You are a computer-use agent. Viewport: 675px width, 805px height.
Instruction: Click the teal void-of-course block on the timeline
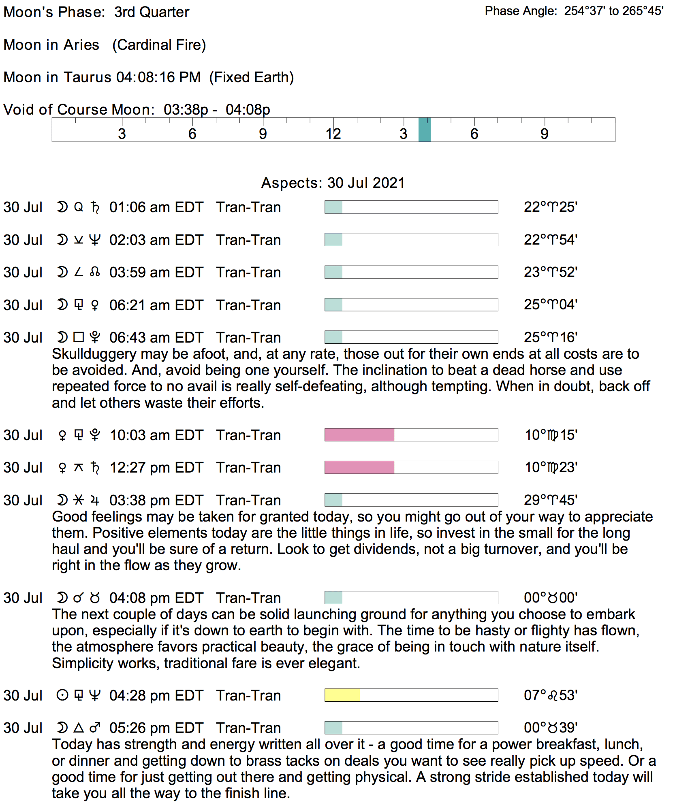(424, 130)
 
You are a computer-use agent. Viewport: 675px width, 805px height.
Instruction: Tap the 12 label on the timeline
(333, 134)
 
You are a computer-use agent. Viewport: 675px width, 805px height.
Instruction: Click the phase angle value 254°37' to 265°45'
(613, 11)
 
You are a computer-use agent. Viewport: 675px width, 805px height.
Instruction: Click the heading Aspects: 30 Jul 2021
(333, 183)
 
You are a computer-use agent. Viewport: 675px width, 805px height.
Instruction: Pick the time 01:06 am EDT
(156, 207)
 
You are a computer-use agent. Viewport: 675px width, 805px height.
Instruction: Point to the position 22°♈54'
(550, 240)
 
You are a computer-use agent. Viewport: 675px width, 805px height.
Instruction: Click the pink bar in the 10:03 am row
(359, 435)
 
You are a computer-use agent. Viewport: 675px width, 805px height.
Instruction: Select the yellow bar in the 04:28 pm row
(342, 695)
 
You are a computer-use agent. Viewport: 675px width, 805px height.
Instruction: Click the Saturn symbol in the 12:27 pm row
(95, 468)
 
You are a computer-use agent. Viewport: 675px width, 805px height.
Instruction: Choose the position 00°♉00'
(550, 598)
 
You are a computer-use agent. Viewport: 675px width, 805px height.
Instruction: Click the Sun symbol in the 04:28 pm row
(62, 695)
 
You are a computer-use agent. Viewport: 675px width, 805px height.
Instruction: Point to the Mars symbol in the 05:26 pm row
(95, 728)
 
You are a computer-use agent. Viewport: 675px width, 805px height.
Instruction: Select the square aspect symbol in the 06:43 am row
(79, 337)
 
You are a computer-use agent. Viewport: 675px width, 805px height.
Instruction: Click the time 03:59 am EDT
(156, 273)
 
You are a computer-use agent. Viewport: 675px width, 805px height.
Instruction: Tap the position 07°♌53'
(550, 695)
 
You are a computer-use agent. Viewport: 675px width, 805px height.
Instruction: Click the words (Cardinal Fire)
(159, 45)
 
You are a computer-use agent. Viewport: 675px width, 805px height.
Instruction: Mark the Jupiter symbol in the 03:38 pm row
(95, 500)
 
